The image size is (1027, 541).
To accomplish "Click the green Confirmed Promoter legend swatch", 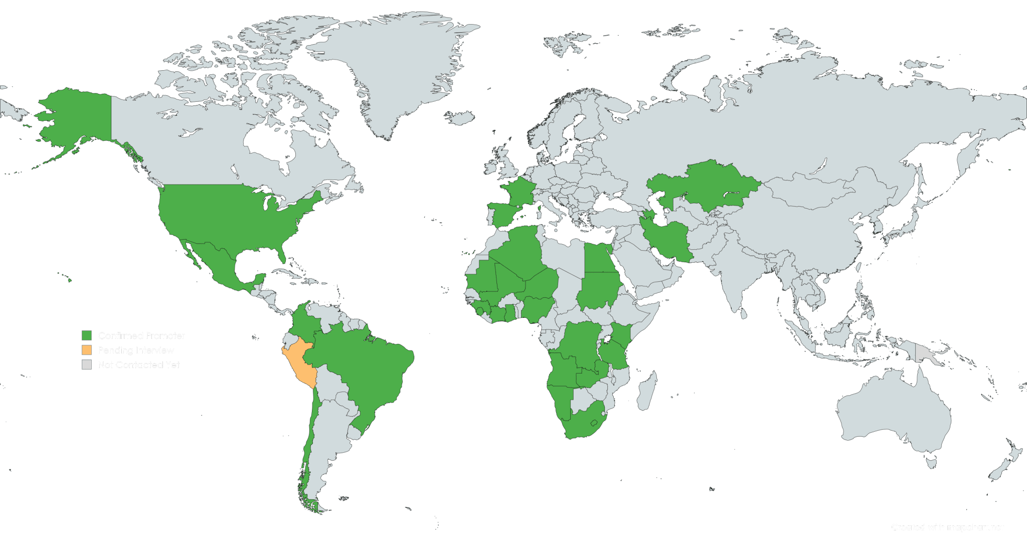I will click(x=87, y=335).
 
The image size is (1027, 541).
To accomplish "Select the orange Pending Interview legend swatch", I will click(x=87, y=350).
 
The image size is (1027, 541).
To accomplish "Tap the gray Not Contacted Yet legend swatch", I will click(x=87, y=365).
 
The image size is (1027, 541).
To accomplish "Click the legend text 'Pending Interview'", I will click(x=136, y=350).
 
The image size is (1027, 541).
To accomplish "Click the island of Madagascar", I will click(x=647, y=391).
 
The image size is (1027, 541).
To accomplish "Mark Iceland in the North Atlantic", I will click(x=459, y=118).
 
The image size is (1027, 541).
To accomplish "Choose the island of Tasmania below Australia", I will click(x=931, y=461).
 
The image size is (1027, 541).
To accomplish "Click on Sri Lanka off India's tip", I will click(x=744, y=313).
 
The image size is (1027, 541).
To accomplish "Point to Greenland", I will click(x=396, y=65).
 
